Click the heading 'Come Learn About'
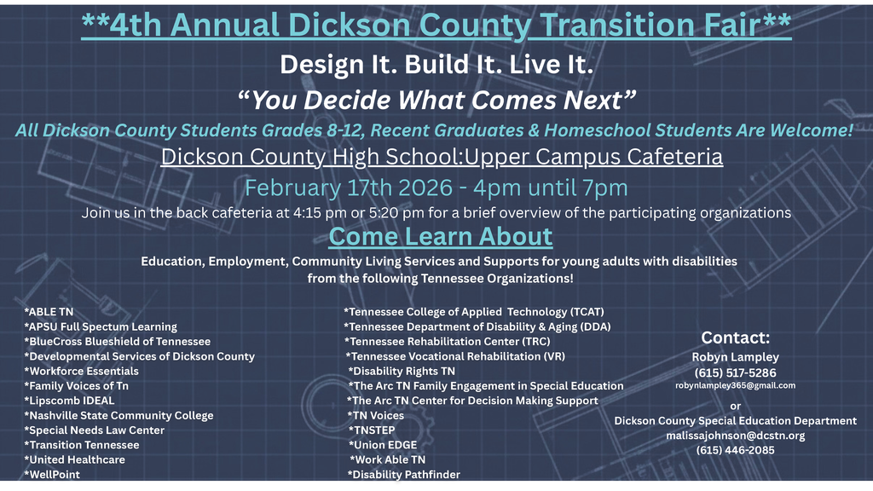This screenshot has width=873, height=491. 441,236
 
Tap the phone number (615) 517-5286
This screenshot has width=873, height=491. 735,373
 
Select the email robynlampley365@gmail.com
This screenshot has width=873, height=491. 735,385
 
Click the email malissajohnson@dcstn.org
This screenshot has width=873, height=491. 735,436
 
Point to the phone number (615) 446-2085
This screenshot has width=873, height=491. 735,450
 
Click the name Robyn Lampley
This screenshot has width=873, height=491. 735,357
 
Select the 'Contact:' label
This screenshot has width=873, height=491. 735,338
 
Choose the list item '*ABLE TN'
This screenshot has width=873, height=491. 49,312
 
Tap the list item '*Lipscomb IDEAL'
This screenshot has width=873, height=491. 69,401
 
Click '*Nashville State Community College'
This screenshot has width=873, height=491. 119,415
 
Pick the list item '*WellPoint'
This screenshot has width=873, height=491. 52,475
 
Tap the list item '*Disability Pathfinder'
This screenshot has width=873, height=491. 403,475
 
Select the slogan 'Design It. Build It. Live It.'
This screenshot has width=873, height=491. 436,64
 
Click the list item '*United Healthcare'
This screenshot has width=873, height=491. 74,459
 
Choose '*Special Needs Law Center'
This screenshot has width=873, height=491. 94,430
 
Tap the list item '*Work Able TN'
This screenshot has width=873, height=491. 388,459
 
